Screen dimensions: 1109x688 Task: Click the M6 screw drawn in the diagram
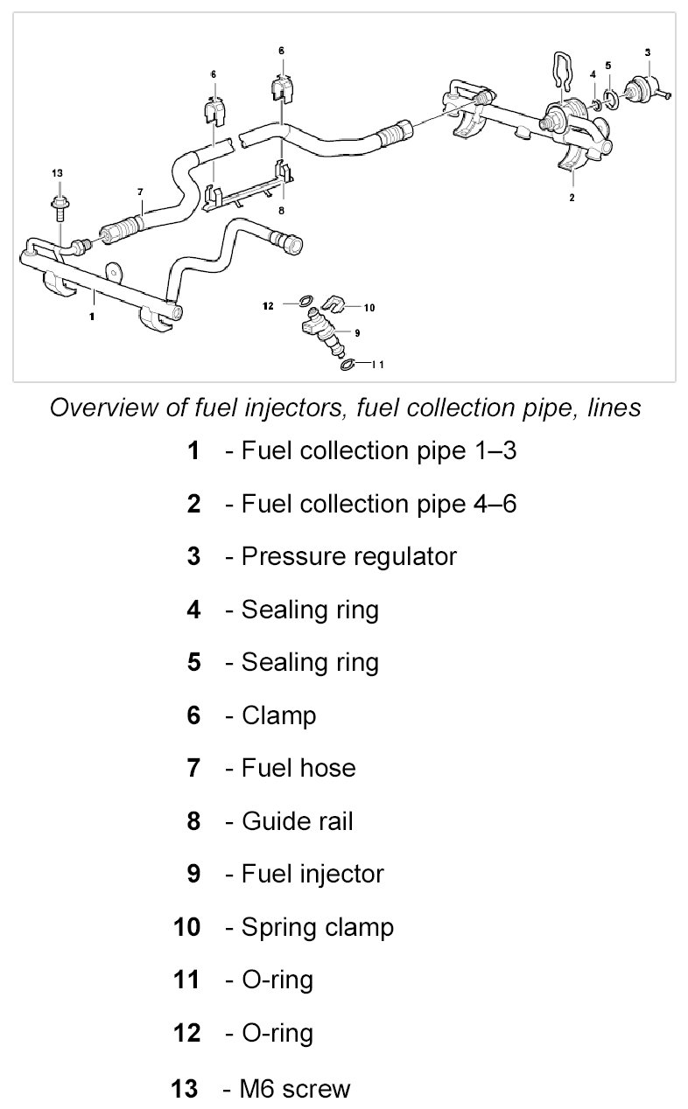pos(59,208)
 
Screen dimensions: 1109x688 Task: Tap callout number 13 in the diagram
pos(58,172)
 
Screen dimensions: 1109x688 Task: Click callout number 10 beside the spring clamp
pos(369,307)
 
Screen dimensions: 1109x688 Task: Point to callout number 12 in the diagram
pos(268,305)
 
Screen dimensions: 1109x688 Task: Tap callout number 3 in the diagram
pos(648,52)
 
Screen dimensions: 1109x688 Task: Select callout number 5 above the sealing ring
pos(608,65)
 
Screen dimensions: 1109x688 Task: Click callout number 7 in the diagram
pos(139,192)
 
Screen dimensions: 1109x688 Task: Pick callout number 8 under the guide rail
pos(281,211)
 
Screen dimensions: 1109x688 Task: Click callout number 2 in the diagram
pos(572,199)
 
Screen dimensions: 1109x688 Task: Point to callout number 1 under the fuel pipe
pos(91,317)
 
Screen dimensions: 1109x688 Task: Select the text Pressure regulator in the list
pos(348,556)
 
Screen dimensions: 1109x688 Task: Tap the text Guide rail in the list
pos(297,821)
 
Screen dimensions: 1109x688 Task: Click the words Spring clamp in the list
pos(317,927)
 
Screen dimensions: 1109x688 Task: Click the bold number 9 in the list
pos(193,874)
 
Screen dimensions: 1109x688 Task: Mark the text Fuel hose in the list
pos(298,768)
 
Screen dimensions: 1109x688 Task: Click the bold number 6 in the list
pos(193,715)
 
